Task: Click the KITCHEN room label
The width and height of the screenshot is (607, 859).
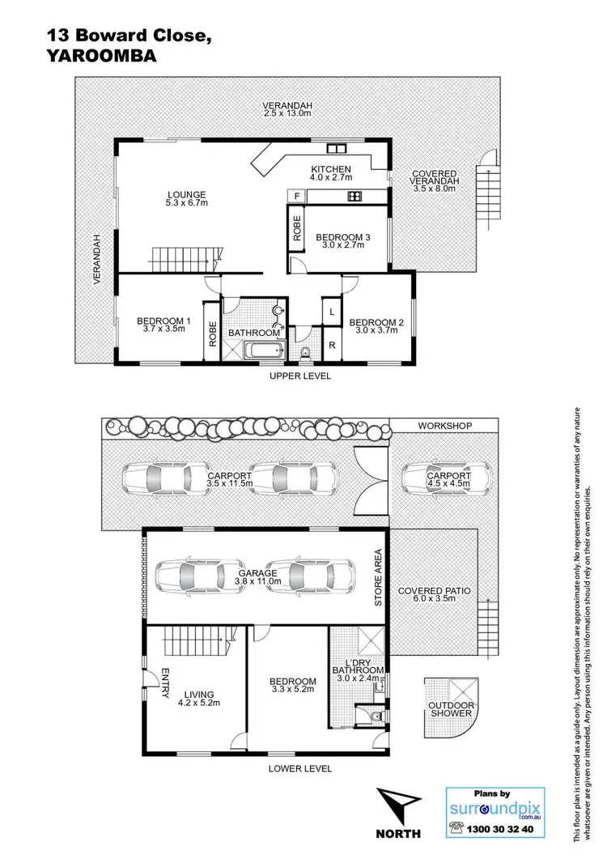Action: (x=331, y=169)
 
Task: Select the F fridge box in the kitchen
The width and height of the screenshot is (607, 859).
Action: (x=297, y=196)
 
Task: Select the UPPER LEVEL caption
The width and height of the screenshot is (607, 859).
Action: (x=300, y=376)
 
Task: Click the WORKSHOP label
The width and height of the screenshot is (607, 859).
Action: (x=444, y=425)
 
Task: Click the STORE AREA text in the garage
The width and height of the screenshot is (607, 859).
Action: (x=377, y=578)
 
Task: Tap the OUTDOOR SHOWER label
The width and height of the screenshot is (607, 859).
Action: (x=452, y=709)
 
